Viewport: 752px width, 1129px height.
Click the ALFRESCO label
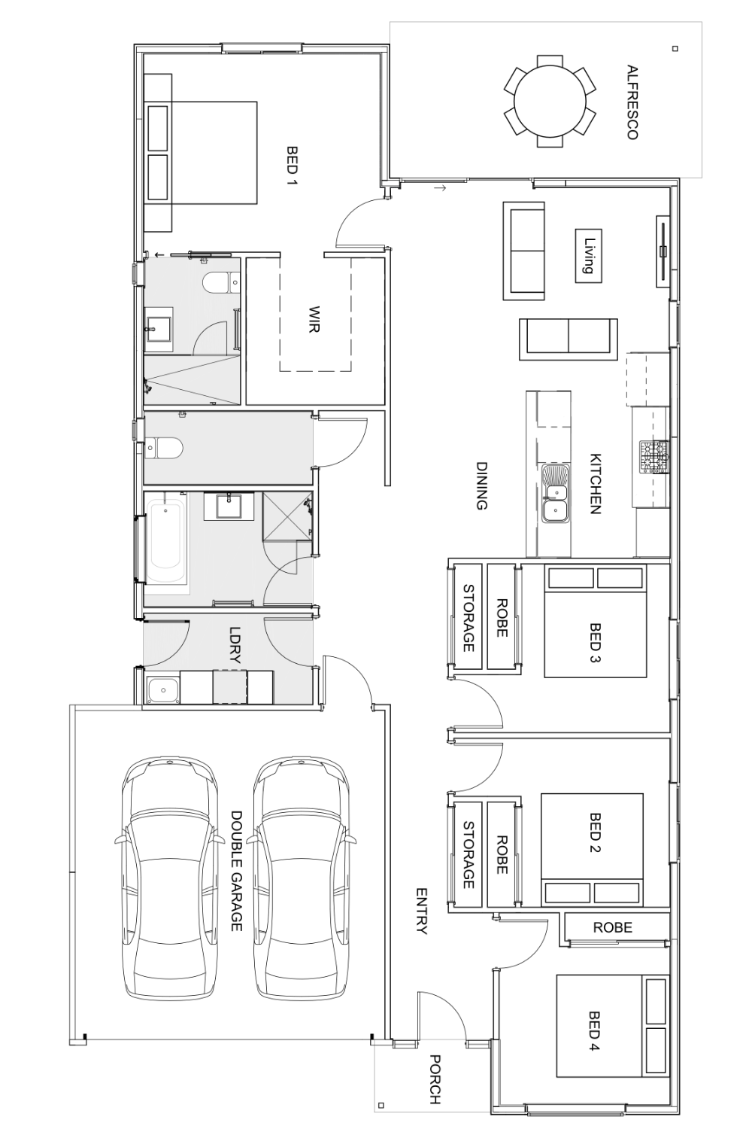click(632, 102)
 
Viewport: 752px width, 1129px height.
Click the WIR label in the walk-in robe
click(314, 319)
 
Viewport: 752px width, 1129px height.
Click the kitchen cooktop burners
click(653, 457)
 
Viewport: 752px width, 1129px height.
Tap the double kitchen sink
click(556, 501)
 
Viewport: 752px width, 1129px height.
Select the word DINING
click(481, 485)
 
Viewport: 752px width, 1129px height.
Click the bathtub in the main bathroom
click(166, 539)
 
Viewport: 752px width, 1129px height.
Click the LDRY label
click(235, 644)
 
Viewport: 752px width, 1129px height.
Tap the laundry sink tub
click(162, 689)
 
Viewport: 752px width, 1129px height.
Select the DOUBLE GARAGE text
click(236, 871)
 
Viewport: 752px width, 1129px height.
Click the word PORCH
click(435, 1079)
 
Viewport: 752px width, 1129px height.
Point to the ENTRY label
click(421, 911)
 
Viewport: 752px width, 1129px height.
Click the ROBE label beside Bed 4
click(613, 927)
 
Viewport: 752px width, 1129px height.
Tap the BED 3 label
click(596, 640)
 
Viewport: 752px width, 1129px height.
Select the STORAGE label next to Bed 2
click(468, 854)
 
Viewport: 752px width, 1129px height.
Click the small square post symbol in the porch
click(381, 1106)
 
